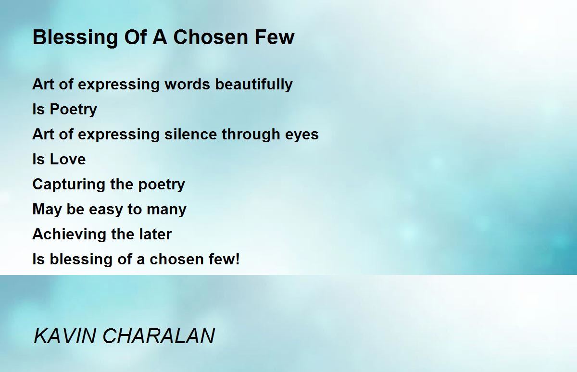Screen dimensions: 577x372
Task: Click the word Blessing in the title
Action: point(75,38)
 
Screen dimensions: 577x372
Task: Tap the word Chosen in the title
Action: point(211,37)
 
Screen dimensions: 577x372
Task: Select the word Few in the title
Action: point(275,37)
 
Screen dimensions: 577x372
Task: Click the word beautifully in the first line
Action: point(254,85)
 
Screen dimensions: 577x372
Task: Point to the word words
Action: point(187,84)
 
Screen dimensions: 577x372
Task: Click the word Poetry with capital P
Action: point(73,110)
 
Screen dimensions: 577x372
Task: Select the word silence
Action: point(190,135)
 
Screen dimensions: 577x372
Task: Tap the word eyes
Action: point(302,136)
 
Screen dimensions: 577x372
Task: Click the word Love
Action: point(67,159)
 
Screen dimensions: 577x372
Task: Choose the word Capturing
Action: point(69,185)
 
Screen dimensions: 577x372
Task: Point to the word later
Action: point(155,234)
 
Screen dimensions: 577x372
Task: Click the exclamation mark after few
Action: point(238,259)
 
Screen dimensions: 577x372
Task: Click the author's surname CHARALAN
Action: point(159,336)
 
